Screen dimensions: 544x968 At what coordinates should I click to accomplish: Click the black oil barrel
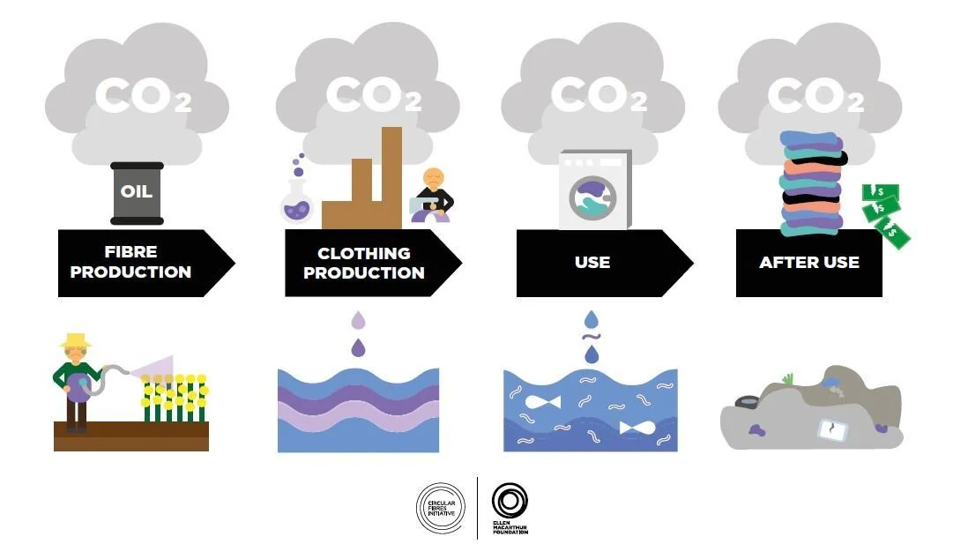(x=137, y=192)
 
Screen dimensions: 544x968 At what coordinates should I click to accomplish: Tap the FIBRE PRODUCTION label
(x=130, y=262)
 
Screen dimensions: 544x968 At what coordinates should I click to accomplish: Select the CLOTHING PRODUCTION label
(x=363, y=262)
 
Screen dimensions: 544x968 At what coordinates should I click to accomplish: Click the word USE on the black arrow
(x=592, y=262)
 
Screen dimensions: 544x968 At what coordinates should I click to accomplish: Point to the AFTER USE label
(x=808, y=262)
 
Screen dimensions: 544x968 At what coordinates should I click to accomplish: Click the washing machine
(x=595, y=190)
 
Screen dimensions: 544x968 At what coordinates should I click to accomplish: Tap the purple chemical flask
(x=294, y=203)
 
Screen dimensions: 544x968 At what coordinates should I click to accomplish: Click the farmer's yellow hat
(x=76, y=339)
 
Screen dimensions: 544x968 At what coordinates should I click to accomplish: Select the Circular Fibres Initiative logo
(x=440, y=509)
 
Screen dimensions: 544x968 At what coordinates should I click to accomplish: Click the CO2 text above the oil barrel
(x=141, y=95)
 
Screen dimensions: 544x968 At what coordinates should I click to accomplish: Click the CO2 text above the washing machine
(x=598, y=95)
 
